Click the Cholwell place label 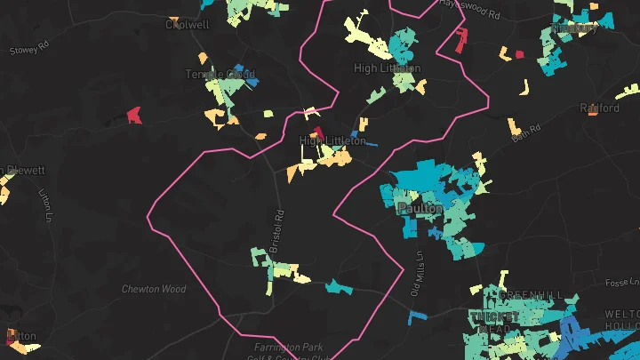tap(188, 25)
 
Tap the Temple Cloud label tap(220, 75)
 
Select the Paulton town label tap(420, 208)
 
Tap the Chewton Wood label tap(154, 289)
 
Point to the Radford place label tap(599, 108)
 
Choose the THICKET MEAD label tap(494, 322)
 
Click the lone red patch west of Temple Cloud tap(134, 115)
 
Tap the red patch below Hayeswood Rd tap(461, 40)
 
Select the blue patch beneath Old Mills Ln tap(417, 315)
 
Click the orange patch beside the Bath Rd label tap(515, 124)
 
